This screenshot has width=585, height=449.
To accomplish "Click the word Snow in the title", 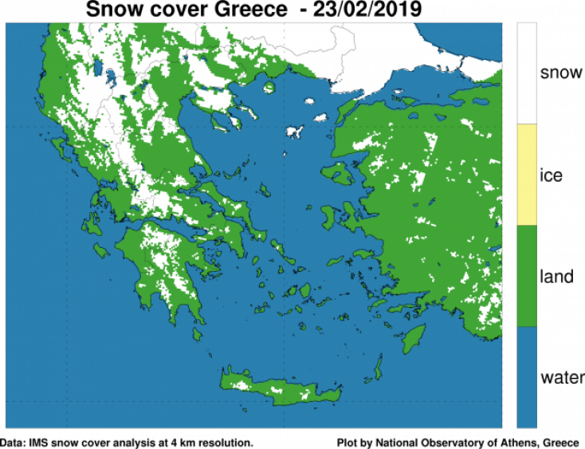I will pyautogui.click(x=114, y=10).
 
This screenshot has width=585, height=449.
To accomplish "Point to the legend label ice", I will pyautogui.click(x=551, y=175).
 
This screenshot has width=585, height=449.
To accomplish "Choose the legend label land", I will pyautogui.click(x=556, y=277).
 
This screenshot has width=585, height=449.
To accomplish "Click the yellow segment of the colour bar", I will pyautogui.click(x=527, y=175).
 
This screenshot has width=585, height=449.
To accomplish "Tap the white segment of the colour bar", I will pyautogui.click(x=527, y=73).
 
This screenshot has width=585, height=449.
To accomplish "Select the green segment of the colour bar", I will pyautogui.click(x=527, y=276).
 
